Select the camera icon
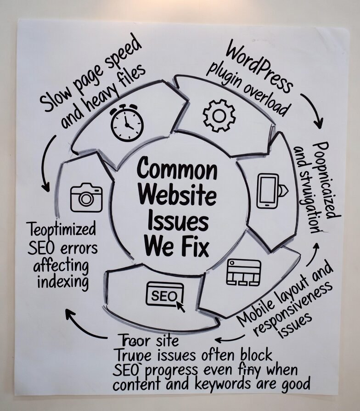(x=86, y=197)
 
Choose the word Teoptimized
(x=61, y=229)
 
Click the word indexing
(x=63, y=282)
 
